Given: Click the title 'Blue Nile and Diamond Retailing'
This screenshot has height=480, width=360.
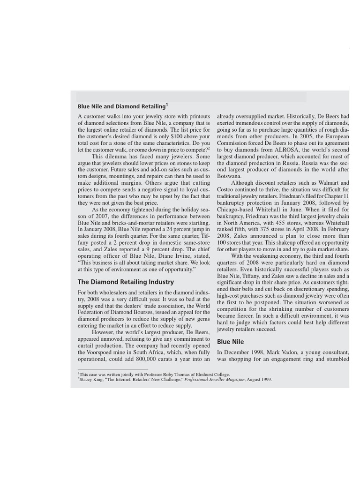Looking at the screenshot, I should click(121, 106).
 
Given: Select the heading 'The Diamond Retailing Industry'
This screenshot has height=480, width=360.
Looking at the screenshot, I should click(126, 282).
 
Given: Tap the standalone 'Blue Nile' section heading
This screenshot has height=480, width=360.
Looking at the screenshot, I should click(230, 342).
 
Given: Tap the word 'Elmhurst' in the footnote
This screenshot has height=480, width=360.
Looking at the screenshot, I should click(204, 375).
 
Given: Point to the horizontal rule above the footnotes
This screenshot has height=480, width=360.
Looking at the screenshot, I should click(112, 369).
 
